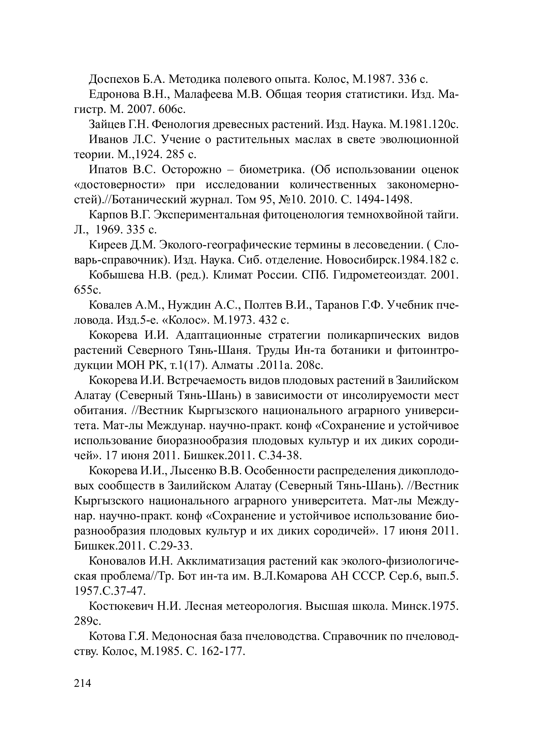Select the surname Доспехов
(x=113, y=79)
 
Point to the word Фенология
(x=181, y=124)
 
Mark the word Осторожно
(x=191, y=170)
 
